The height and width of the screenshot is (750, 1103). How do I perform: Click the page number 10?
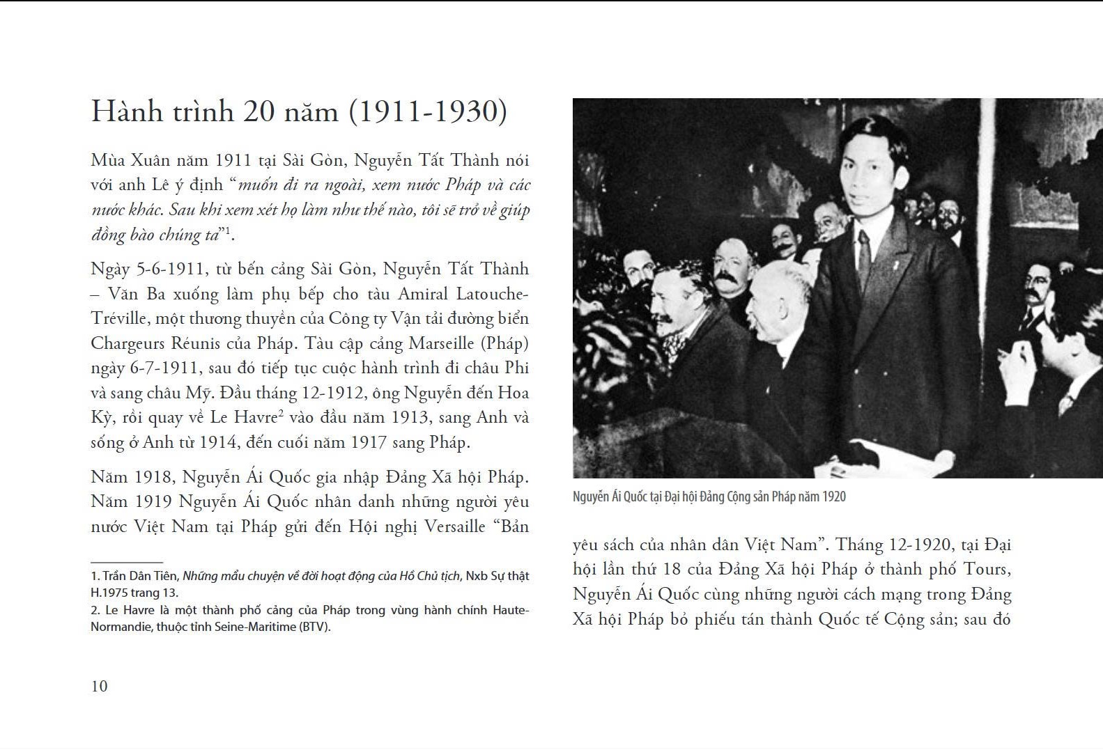point(100,686)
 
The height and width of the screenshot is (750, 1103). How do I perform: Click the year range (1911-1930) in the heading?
point(427,112)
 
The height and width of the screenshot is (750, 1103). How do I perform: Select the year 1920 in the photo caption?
point(834,497)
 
